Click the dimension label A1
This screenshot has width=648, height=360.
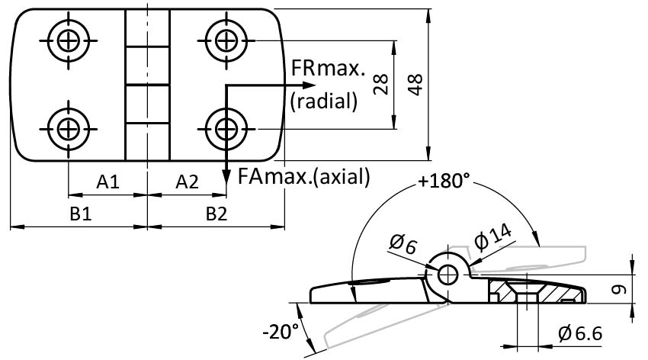point(107,182)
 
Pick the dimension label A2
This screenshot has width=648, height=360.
point(187,182)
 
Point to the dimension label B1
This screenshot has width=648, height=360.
point(82,214)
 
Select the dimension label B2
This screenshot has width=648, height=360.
point(217,214)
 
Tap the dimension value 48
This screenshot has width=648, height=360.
point(415,83)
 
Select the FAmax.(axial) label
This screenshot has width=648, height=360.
point(303,177)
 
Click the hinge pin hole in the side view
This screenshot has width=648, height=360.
point(448,274)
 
